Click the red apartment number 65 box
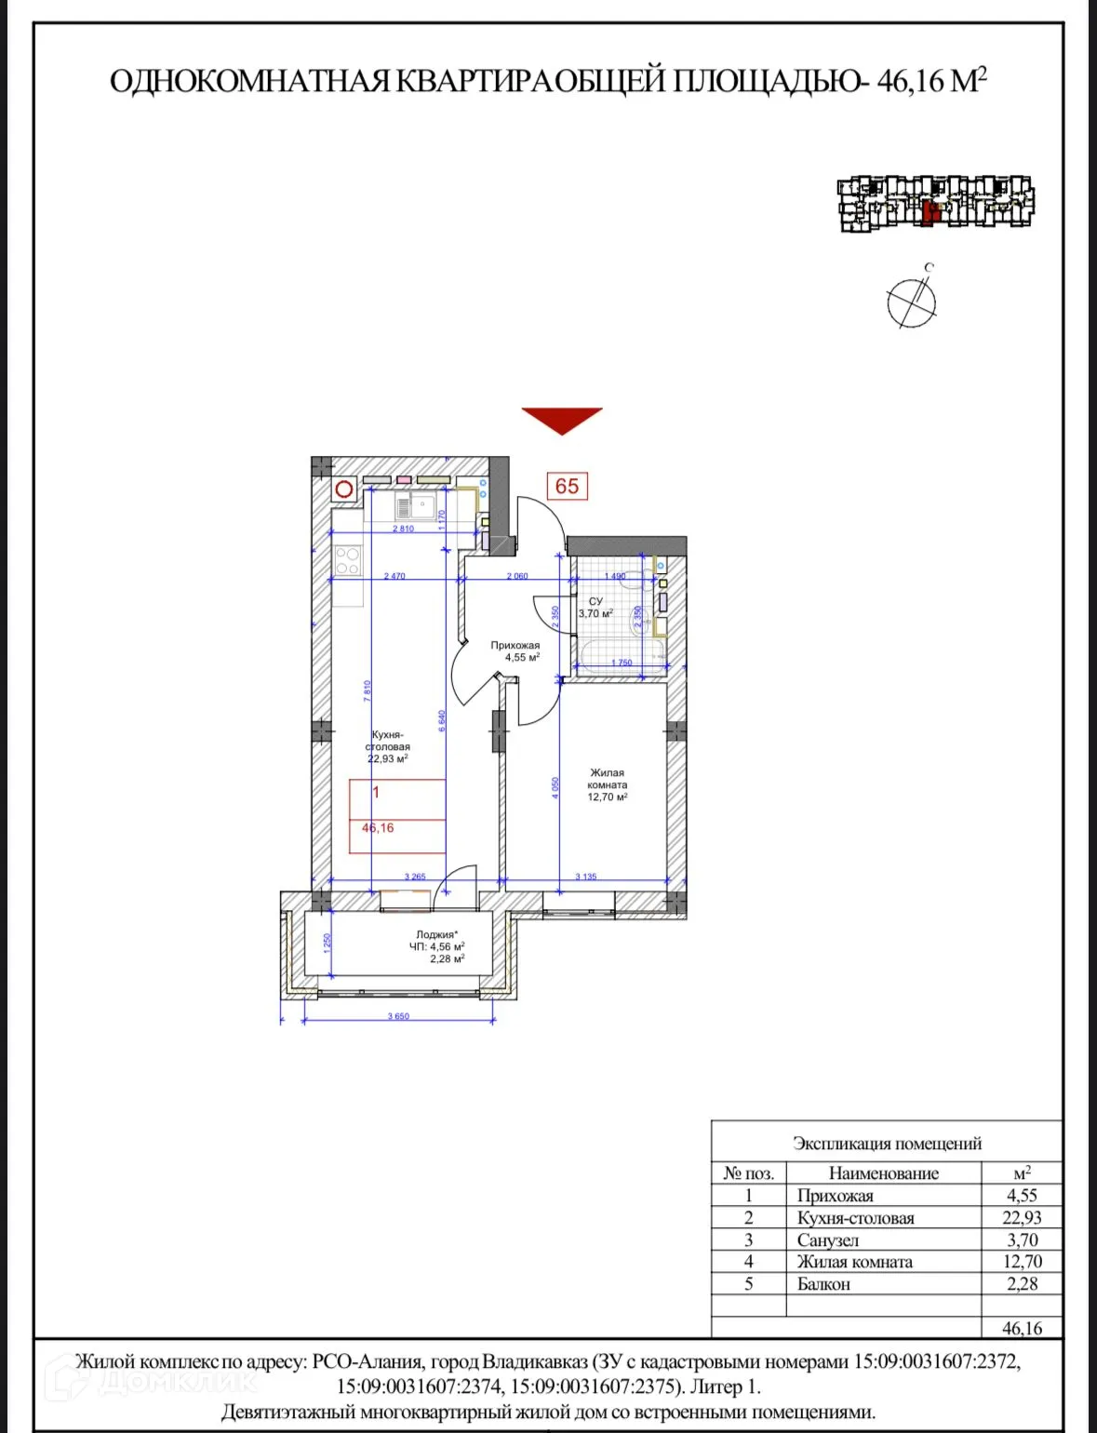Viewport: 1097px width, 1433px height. point(567,486)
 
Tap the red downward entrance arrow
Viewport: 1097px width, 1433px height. point(562,420)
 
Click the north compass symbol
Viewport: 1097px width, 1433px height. point(911,301)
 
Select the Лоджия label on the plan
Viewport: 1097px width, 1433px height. point(436,935)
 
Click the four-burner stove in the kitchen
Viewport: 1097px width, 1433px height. point(347,560)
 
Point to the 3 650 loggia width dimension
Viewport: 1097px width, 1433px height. point(398,1016)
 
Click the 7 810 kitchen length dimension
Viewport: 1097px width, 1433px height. point(368,690)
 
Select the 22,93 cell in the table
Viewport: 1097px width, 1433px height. point(1022,1218)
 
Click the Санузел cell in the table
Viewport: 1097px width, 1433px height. point(827,1240)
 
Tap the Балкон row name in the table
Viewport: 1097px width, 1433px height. point(823,1284)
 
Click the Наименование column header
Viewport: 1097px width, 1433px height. point(883,1173)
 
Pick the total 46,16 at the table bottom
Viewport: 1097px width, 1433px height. point(1022,1329)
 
